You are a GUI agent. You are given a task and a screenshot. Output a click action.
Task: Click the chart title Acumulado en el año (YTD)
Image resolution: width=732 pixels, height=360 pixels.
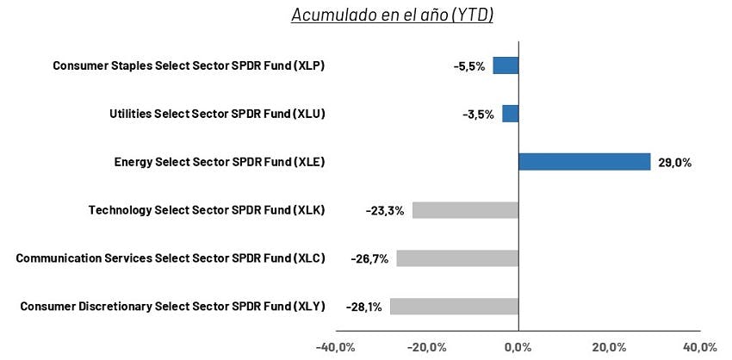[x=393, y=15]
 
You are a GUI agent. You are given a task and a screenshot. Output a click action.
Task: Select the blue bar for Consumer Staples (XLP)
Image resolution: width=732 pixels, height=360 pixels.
[x=506, y=65]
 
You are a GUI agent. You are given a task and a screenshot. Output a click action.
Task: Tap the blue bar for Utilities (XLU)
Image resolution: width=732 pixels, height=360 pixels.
[x=511, y=114]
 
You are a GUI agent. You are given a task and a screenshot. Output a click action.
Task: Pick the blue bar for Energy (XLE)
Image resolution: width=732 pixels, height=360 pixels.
[x=585, y=162]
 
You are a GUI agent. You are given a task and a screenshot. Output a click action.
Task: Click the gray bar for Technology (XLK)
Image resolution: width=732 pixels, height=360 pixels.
[x=465, y=210]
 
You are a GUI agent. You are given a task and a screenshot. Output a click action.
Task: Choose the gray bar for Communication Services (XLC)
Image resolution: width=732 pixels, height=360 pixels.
[x=457, y=258]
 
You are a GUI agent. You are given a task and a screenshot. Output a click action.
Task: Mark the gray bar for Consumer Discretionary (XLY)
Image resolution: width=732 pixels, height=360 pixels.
[x=454, y=307]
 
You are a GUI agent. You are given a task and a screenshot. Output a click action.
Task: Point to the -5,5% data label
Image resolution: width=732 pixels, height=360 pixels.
[x=469, y=67]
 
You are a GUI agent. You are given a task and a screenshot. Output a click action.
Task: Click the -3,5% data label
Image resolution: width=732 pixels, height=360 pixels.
[x=478, y=115]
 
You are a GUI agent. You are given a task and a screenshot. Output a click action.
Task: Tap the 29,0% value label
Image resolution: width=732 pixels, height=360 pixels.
[x=674, y=164]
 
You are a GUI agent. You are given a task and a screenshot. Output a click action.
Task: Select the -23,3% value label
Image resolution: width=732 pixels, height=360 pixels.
[x=385, y=212]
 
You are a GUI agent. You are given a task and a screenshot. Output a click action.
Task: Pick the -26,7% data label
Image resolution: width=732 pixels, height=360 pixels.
[x=369, y=259]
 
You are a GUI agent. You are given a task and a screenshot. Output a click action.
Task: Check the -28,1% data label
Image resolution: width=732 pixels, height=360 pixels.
[x=363, y=307]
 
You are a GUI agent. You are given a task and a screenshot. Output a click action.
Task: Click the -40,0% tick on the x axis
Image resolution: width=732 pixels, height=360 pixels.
[x=336, y=347]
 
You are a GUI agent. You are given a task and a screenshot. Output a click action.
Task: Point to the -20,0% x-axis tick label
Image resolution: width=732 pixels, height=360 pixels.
[x=426, y=347]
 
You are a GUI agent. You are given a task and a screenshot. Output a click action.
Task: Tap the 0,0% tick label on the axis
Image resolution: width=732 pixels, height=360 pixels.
[x=518, y=347]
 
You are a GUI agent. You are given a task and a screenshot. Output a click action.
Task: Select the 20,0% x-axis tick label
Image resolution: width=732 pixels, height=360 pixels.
[x=610, y=347]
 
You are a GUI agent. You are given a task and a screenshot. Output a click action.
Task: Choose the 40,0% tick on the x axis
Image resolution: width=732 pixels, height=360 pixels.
[x=700, y=347]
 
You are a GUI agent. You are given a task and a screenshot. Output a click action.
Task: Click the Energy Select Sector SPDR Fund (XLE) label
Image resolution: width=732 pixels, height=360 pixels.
[x=220, y=162]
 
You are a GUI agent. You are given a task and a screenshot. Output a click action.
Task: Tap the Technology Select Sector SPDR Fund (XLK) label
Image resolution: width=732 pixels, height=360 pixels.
[x=207, y=211]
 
